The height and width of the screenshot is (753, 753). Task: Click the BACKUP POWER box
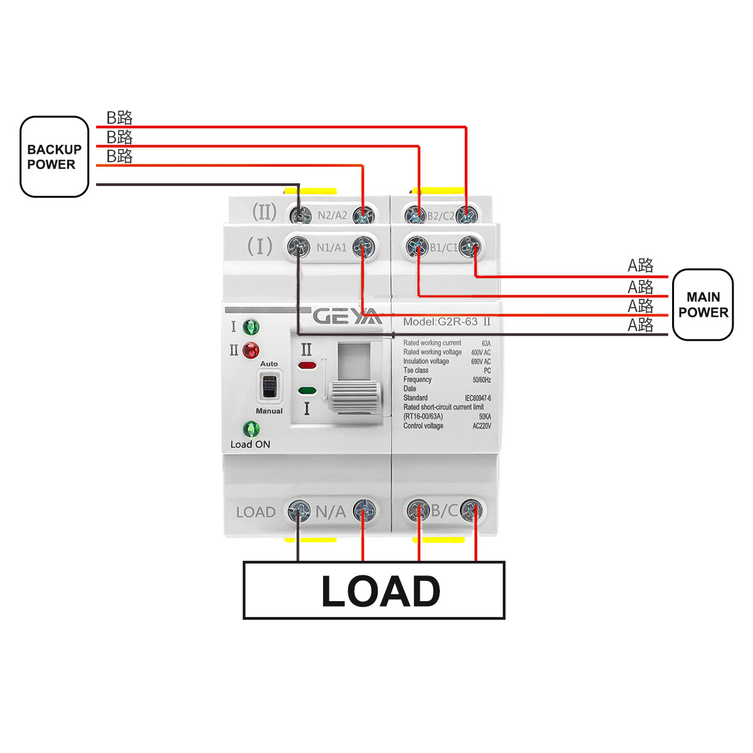[x=55, y=157]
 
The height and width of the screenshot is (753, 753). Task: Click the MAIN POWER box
[x=703, y=305]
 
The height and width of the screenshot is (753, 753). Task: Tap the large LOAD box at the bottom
[x=374, y=590]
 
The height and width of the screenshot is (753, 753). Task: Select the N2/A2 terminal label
[x=332, y=215]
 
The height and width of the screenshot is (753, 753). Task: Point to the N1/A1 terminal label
[x=331, y=248]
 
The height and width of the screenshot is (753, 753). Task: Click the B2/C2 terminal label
[x=441, y=216]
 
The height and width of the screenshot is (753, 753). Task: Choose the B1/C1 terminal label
[x=444, y=248]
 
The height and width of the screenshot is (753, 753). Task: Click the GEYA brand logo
[x=347, y=316]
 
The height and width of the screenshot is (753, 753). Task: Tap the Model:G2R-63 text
[x=441, y=322]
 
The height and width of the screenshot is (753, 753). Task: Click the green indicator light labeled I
[x=251, y=327]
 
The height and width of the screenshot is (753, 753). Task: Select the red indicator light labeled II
[x=251, y=350]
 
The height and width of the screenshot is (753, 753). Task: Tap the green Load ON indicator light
[x=251, y=429]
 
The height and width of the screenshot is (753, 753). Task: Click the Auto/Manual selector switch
[x=269, y=387]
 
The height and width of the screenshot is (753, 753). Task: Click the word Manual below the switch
[x=269, y=411]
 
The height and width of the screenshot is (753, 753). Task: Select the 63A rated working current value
[x=486, y=343]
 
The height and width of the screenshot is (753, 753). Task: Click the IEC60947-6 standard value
[x=478, y=398]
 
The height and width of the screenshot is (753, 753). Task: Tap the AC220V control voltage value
[x=481, y=426]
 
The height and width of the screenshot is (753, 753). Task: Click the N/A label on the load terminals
[x=331, y=512]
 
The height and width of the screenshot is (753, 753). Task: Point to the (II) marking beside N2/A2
[x=264, y=212]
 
